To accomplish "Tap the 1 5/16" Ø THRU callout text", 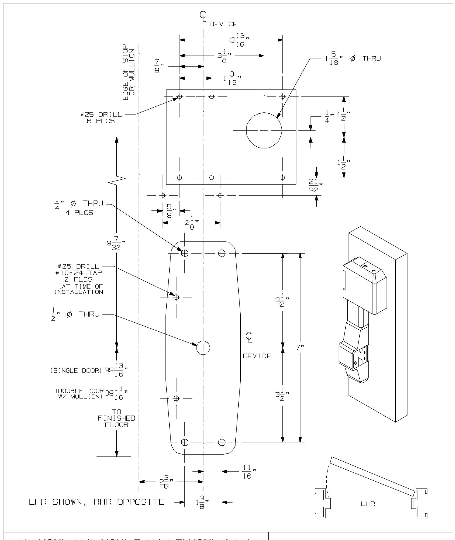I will pos(352,58).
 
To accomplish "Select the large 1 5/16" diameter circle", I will pos(264,131).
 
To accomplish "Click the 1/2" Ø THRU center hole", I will pos(203,348).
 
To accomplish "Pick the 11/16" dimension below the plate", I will pos(247,472).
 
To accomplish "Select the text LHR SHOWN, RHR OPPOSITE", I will pos(96,502).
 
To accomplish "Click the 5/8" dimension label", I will pos(170,211).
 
